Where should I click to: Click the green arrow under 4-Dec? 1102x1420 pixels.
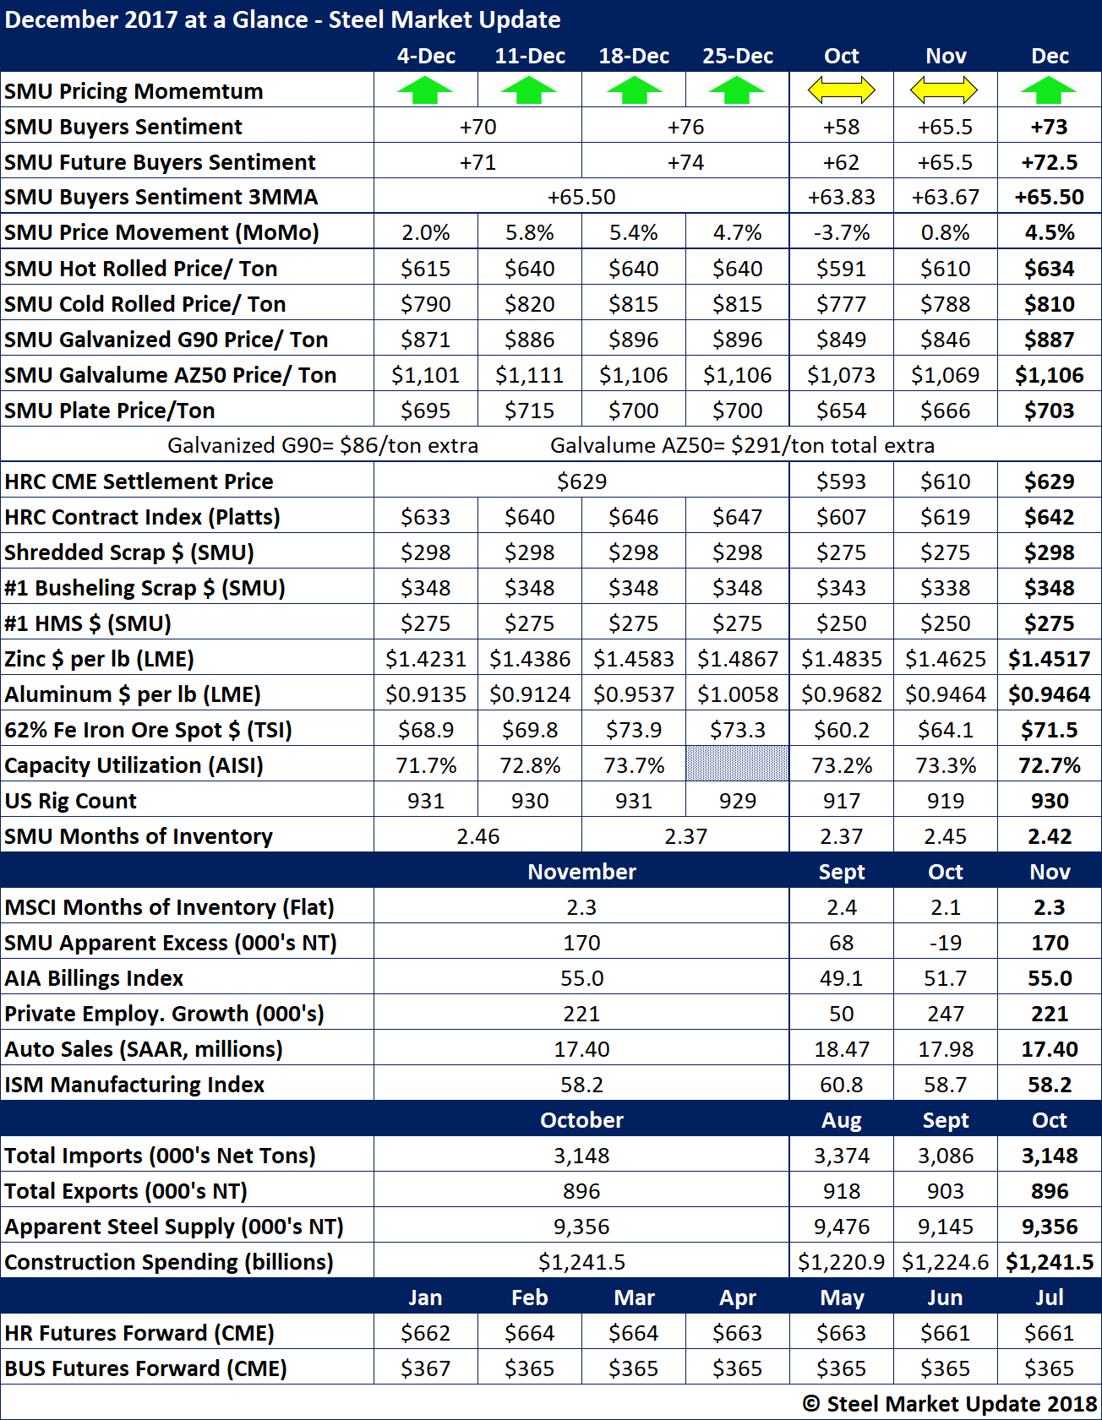425,90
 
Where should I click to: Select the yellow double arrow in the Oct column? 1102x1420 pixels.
841,90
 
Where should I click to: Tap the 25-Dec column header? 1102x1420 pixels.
737,56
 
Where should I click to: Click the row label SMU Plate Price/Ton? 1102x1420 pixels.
110,411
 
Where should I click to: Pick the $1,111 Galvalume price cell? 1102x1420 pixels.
530,375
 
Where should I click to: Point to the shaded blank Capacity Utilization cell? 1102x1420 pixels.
737,764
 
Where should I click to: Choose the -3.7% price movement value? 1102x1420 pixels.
841,232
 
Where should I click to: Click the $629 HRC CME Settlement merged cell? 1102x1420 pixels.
581,481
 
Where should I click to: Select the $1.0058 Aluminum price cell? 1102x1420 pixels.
737,694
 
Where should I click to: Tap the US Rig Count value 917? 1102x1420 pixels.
841,801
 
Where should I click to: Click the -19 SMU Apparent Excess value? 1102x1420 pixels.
945,943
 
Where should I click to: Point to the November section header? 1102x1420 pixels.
581,872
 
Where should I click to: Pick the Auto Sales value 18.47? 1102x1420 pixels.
841,1049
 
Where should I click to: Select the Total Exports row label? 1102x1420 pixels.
126,1191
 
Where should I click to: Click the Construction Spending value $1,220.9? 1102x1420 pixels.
841,1262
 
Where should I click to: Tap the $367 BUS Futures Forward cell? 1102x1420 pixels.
425,1368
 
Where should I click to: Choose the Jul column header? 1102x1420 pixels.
1050,1298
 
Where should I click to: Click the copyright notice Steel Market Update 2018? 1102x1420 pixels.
950,1404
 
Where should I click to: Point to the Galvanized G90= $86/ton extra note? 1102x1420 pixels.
323,445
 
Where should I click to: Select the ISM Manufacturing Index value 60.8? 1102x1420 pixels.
841,1085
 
